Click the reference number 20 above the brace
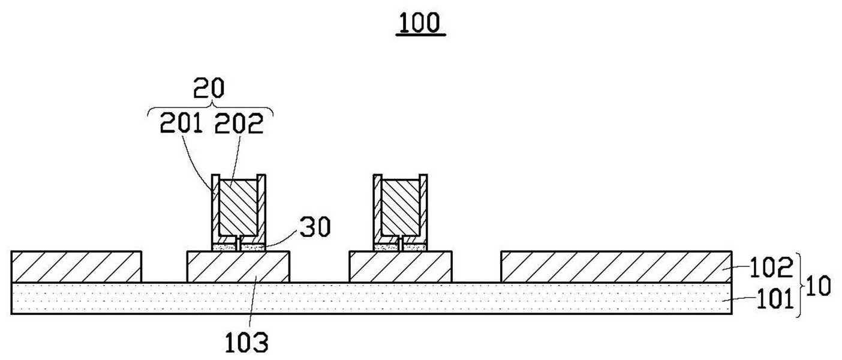click(209, 88)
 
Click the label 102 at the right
click(769, 268)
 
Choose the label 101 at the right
click(769, 298)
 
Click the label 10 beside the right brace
click(818, 286)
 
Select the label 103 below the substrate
click(246, 343)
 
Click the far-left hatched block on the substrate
click(76, 267)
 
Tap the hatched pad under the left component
click(238, 267)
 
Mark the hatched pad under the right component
click(400, 267)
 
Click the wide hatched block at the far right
click(616, 267)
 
